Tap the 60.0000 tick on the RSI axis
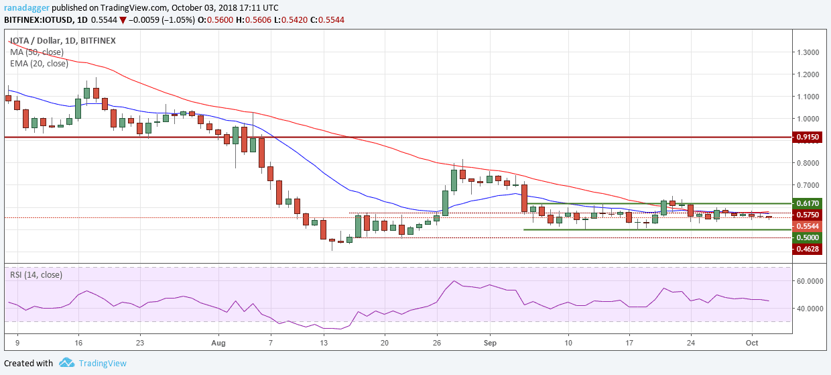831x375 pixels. click(807, 281)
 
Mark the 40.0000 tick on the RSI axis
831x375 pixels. click(807, 309)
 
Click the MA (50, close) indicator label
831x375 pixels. click(36, 52)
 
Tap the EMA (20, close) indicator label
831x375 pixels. click(39, 64)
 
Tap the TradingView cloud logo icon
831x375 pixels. click(66, 363)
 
